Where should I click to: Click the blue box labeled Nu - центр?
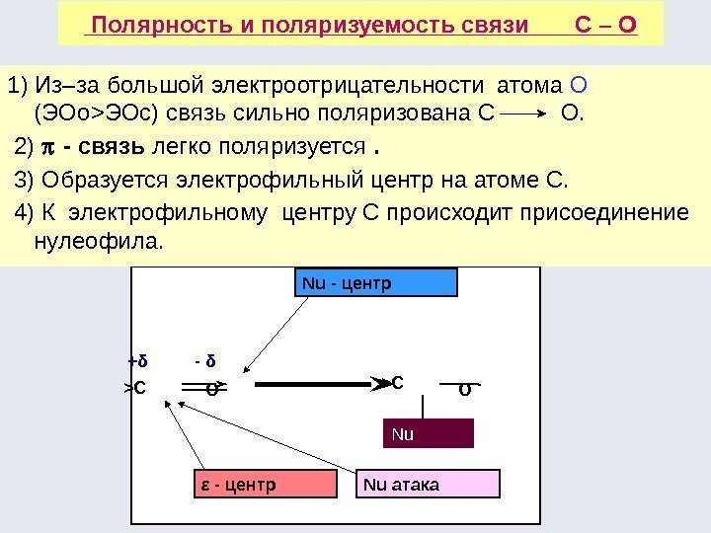(377, 284)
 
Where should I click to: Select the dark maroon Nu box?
(428, 433)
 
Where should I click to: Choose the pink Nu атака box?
(432, 484)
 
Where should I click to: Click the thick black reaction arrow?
(316, 381)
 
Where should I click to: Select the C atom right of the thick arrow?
(397, 381)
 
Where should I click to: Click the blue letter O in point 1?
(581, 81)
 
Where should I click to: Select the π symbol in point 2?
(44, 149)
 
